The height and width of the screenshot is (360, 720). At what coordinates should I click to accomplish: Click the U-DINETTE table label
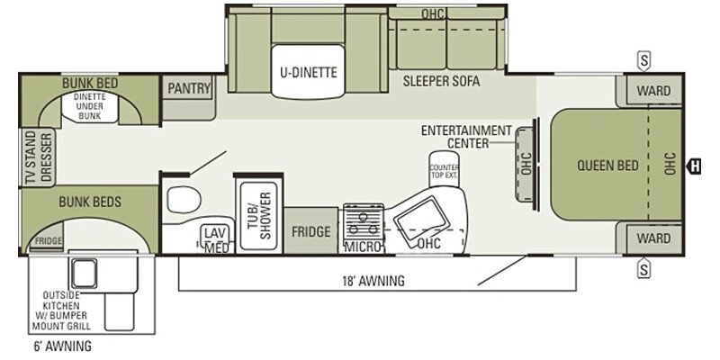pyautogui.click(x=308, y=73)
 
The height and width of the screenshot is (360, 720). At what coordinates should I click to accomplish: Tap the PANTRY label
pyautogui.click(x=189, y=87)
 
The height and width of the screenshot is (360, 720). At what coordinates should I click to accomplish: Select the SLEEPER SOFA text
pyautogui.click(x=441, y=81)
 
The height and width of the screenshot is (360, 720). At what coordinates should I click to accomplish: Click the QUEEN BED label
pyautogui.click(x=607, y=166)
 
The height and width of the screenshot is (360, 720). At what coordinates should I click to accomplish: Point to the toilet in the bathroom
pyautogui.click(x=184, y=200)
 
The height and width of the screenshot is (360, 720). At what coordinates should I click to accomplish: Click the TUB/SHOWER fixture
pyautogui.click(x=259, y=215)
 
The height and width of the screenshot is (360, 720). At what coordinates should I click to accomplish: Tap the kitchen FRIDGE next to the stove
pyautogui.click(x=310, y=231)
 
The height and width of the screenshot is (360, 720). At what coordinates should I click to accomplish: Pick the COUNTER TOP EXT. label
pyautogui.click(x=444, y=171)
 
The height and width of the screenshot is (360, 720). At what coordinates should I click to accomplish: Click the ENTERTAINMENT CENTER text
pyautogui.click(x=466, y=137)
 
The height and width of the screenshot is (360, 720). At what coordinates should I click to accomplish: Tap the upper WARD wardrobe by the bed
pyautogui.click(x=653, y=91)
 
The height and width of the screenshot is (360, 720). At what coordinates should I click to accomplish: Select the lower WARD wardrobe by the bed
pyautogui.click(x=653, y=238)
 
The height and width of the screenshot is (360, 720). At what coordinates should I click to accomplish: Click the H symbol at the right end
pyautogui.click(x=694, y=166)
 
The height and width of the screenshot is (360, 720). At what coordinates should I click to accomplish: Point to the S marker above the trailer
pyautogui.click(x=643, y=61)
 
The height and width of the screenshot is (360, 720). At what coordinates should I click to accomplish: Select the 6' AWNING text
pyautogui.click(x=62, y=346)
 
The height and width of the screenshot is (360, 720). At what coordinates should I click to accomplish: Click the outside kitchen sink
pyautogui.click(x=84, y=273)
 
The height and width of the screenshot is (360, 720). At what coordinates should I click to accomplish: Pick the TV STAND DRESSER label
pyautogui.click(x=39, y=157)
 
